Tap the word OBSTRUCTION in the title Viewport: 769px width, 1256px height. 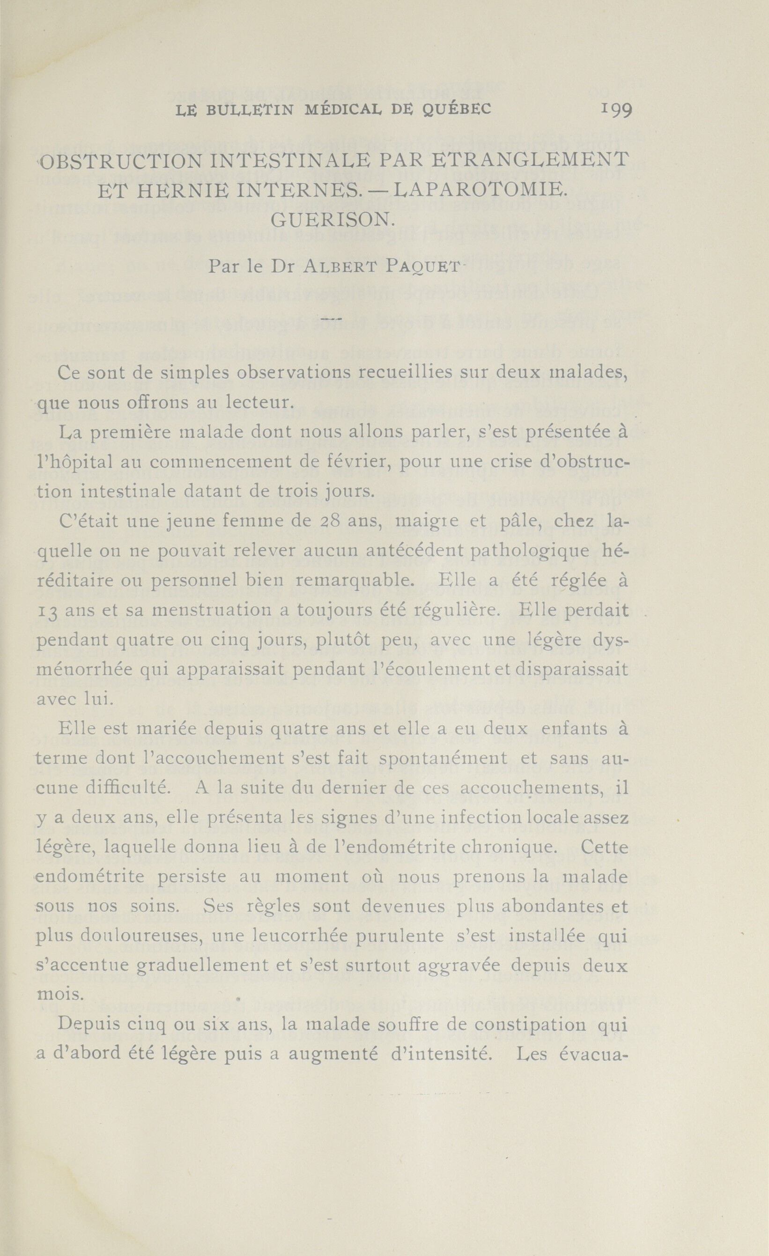(x=121, y=161)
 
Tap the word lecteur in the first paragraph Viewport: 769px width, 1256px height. (x=260, y=402)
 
